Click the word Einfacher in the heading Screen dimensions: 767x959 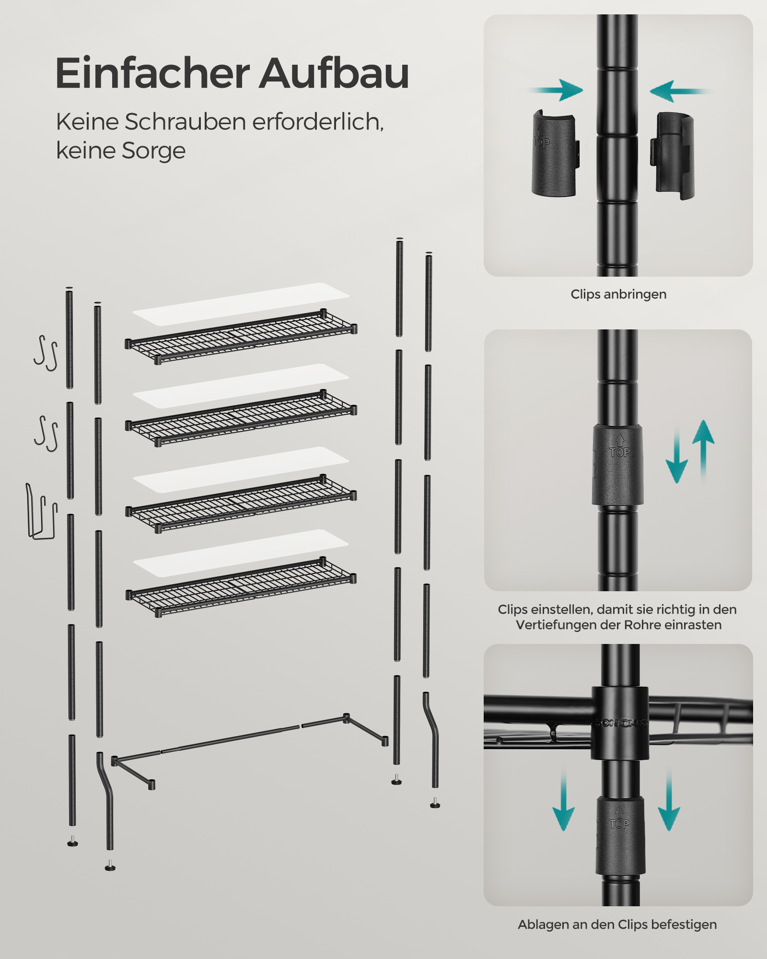[152, 73]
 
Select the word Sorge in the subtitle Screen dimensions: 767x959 [153, 151]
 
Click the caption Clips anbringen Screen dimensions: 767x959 [618, 294]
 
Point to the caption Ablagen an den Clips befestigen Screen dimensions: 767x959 [617, 924]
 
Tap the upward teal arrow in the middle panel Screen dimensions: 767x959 [703, 451]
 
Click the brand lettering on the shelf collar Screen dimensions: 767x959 [620, 723]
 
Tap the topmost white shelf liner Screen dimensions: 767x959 [241, 304]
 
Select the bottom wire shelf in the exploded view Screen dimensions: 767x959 [241, 586]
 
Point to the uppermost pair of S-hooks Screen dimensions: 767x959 [46, 353]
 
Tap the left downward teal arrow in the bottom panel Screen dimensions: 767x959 [563, 797]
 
